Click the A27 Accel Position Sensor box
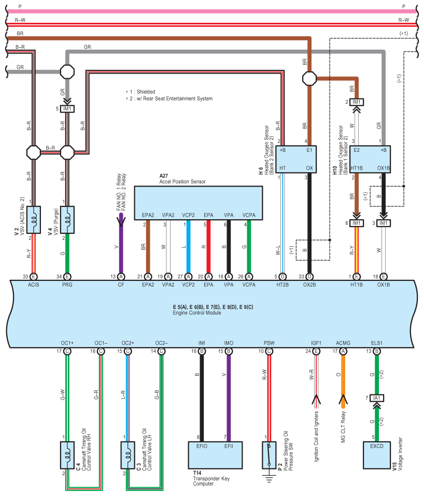[199, 203]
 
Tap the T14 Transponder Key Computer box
[215, 455]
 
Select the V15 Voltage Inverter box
[376, 455]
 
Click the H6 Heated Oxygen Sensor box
[296, 159]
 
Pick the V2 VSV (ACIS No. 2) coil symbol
[34, 220]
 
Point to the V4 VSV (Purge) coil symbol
[67, 220]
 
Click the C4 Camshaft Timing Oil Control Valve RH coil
[67, 455]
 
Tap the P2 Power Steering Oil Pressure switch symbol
[269, 455]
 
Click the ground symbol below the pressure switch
[269, 479]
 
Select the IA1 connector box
[376, 398]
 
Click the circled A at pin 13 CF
[121, 277]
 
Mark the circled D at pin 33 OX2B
[309, 277]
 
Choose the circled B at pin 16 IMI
[202, 351]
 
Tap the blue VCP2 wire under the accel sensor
[188, 246]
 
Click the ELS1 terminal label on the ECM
[376, 343]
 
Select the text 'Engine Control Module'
[197, 313]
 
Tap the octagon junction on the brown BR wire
[309, 78]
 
